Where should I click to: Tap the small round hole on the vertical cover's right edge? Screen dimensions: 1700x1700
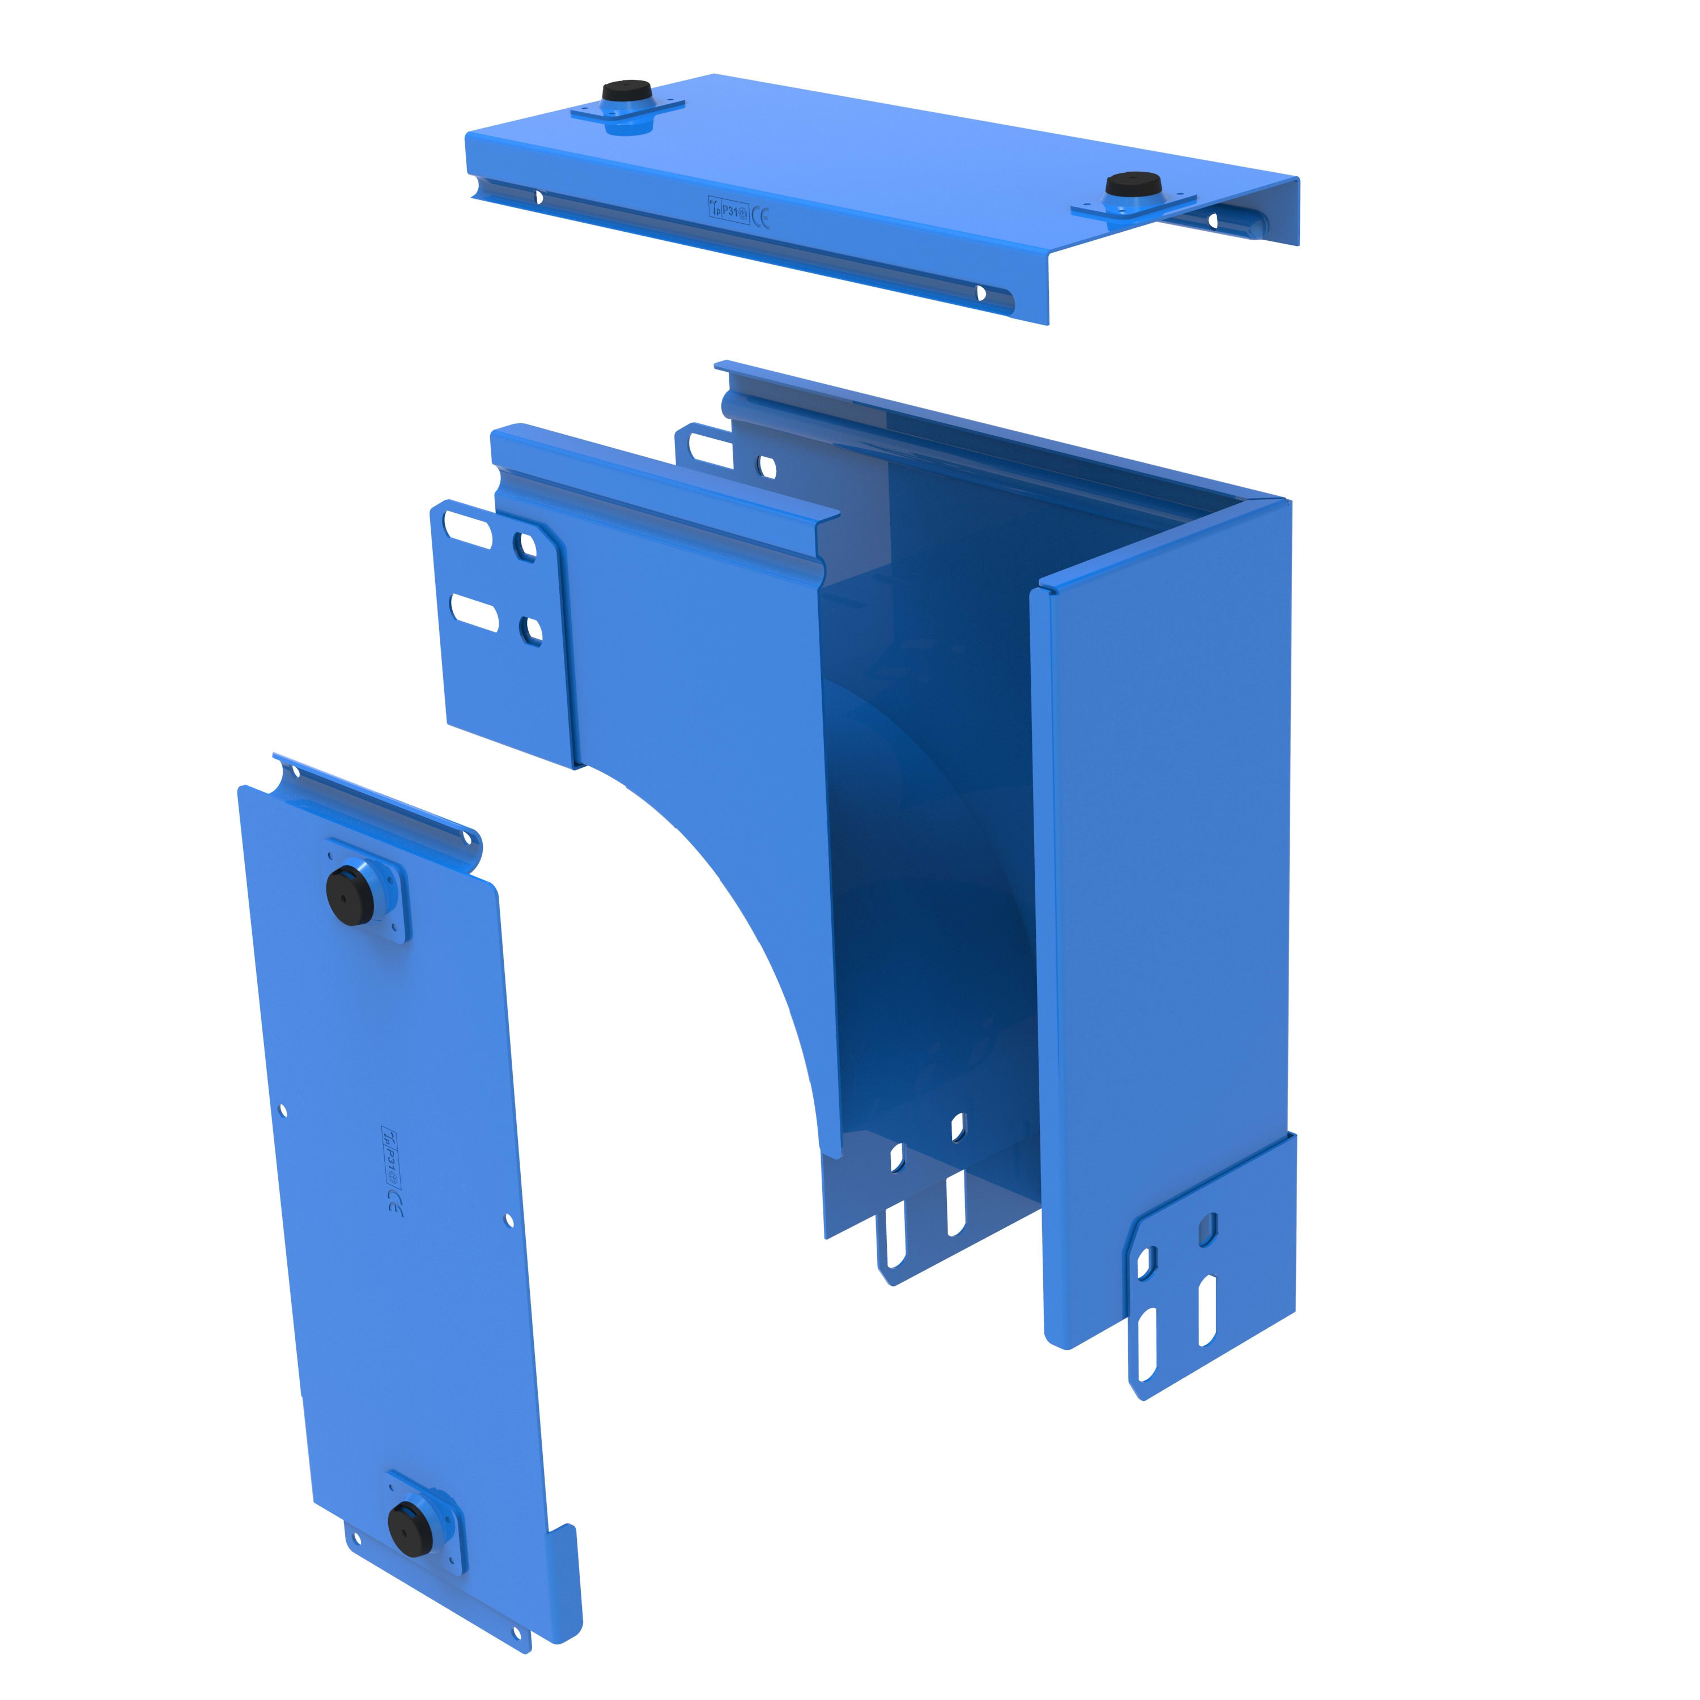click(x=509, y=1219)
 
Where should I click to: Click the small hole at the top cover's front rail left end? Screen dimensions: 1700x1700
click(x=538, y=198)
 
